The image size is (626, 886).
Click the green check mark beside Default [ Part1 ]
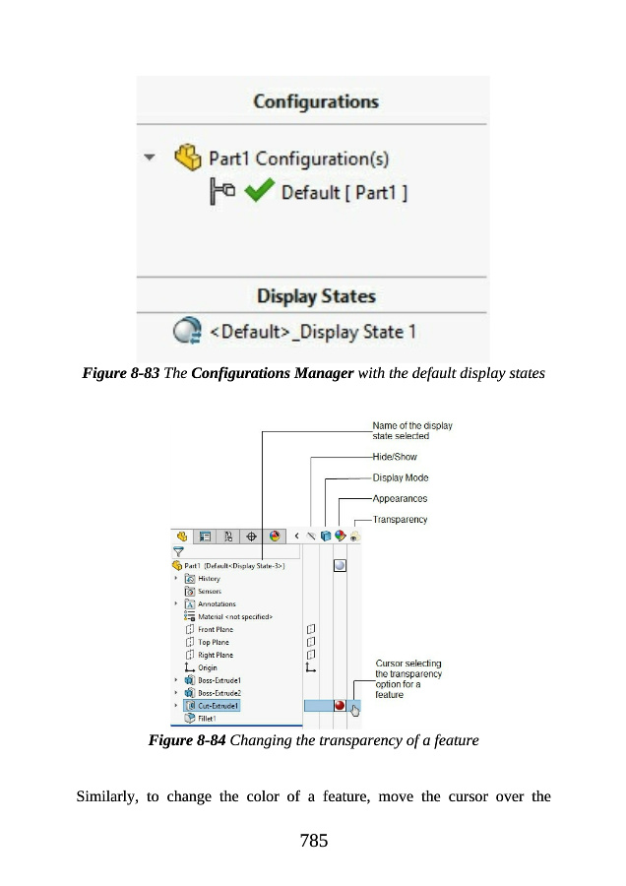point(258,192)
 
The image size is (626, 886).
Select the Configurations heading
point(315,101)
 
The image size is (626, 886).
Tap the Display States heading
point(315,295)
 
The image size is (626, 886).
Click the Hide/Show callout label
point(394,457)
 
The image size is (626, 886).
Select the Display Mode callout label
point(400,477)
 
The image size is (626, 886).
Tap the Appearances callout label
point(400,498)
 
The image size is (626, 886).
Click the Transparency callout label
point(400,519)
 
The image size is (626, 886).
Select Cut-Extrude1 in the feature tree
point(219,706)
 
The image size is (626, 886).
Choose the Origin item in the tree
point(208,667)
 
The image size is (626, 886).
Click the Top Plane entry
point(215,642)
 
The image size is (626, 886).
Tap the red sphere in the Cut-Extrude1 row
point(340,705)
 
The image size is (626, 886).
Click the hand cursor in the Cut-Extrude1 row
point(355,708)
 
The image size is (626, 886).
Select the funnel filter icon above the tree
point(179,553)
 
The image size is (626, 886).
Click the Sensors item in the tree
point(209,591)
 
